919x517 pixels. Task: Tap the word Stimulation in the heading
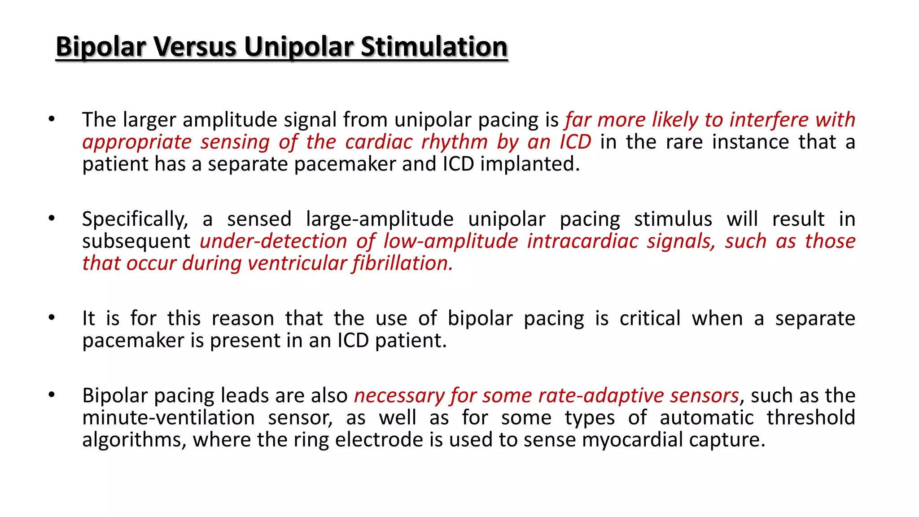point(434,47)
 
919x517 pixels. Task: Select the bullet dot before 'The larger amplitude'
point(52,119)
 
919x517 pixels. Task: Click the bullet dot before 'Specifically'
point(52,219)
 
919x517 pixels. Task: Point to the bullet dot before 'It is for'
point(52,318)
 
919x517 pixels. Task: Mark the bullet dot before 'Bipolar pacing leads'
point(52,395)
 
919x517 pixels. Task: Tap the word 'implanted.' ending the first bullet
point(530,164)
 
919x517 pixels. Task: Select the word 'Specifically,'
point(135,219)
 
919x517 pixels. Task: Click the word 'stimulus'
point(673,219)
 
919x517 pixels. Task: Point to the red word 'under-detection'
point(273,241)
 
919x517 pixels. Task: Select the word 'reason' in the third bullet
point(242,319)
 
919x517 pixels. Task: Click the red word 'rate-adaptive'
point(600,396)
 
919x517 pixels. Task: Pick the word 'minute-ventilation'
point(168,418)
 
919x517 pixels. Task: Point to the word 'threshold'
point(810,418)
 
